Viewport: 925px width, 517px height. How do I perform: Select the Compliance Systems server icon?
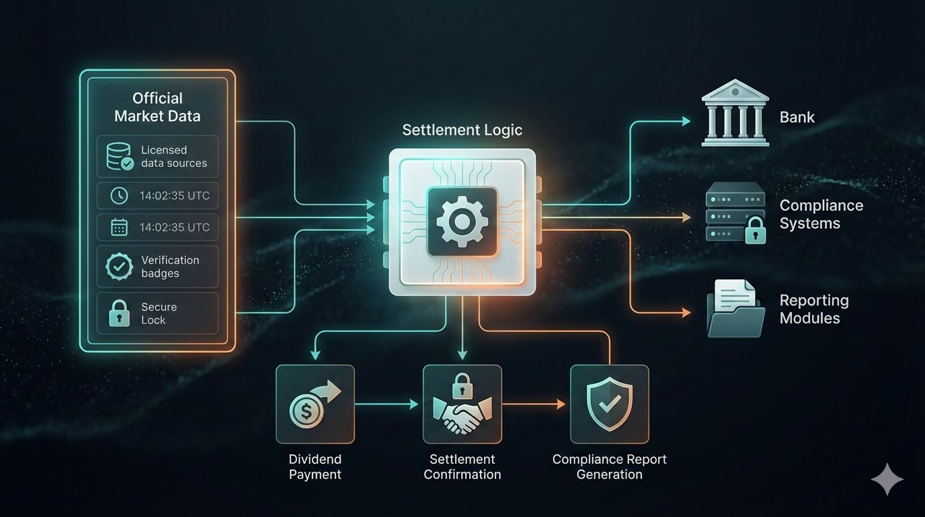[735, 212]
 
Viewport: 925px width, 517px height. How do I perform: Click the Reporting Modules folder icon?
[735, 309]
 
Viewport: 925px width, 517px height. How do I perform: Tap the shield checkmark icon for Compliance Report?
[609, 403]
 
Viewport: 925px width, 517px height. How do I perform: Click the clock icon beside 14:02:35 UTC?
[119, 195]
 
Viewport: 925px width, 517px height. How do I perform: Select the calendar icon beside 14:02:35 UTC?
[119, 228]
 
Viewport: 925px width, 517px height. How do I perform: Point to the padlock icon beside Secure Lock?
[119, 313]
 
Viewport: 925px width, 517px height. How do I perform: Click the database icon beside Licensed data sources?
[120, 156]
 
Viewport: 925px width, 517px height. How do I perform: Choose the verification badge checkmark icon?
[119, 267]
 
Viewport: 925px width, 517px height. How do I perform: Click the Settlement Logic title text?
[462, 130]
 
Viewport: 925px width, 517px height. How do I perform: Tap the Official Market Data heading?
[157, 107]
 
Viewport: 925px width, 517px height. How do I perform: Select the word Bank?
[797, 117]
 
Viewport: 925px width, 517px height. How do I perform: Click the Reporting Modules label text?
[813, 309]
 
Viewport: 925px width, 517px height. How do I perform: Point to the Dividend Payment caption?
[315, 467]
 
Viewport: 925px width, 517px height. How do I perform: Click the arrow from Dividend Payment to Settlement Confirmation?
[387, 404]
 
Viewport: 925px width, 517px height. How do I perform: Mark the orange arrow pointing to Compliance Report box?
[534, 404]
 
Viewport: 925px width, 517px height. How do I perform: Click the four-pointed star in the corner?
[887, 479]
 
